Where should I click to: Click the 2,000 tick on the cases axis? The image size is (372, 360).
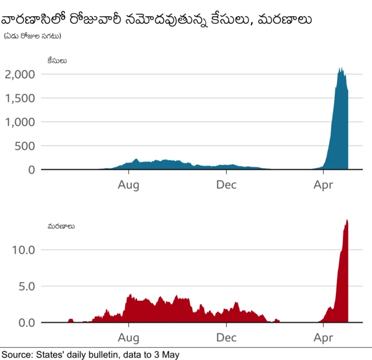(20, 74)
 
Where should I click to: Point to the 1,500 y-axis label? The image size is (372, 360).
(20, 98)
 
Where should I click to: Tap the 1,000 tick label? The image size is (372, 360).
(20, 122)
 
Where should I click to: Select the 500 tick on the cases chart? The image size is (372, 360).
(25, 146)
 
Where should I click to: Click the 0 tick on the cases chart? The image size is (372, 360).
(31, 170)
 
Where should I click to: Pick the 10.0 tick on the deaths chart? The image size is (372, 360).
(24, 250)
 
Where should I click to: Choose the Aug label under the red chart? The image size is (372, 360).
(128, 337)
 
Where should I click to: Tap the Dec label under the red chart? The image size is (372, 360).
(226, 337)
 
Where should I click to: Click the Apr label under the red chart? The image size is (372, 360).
(323, 337)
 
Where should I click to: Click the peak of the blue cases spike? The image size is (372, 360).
(341, 68)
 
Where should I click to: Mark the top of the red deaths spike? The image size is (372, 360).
(347, 220)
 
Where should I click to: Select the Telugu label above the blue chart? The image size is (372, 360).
(57, 60)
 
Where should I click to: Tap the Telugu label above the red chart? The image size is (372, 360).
(61, 226)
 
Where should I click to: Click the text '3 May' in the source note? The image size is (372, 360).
(167, 354)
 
